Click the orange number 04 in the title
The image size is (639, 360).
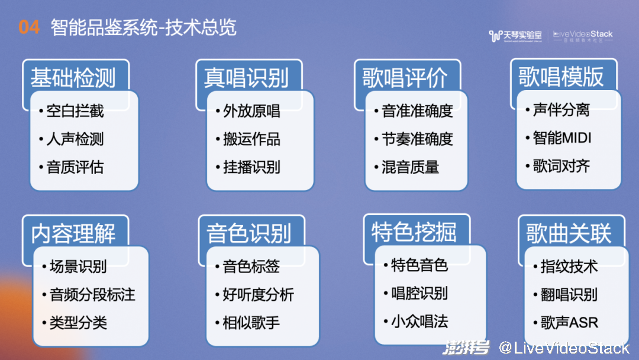pos(29,27)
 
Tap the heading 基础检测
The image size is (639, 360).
pos(73,78)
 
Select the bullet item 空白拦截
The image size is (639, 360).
pos(75,111)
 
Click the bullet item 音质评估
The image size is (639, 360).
pos(75,167)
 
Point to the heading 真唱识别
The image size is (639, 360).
pos(247,78)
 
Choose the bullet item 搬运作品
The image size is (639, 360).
pos(251,139)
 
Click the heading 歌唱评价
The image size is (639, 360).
pos(405,78)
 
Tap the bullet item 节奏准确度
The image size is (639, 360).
pos(417,139)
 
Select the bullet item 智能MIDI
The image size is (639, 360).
pos(562,138)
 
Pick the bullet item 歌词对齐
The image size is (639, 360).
pos(561,166)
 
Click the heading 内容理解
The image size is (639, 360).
pos(73,234)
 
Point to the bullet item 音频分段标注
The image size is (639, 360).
pos(92,294)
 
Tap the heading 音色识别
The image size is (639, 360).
pos(248,234)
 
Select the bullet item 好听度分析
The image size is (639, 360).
pos(258,294)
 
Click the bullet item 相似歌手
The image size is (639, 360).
pos(251,323)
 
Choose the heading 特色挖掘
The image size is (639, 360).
pos(414,232)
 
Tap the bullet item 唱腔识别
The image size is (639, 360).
pos(419,292)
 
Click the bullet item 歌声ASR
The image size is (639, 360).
pos(569,323)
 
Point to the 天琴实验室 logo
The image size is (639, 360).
pos(515,36)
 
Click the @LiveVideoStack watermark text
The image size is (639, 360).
pos(564,348)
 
